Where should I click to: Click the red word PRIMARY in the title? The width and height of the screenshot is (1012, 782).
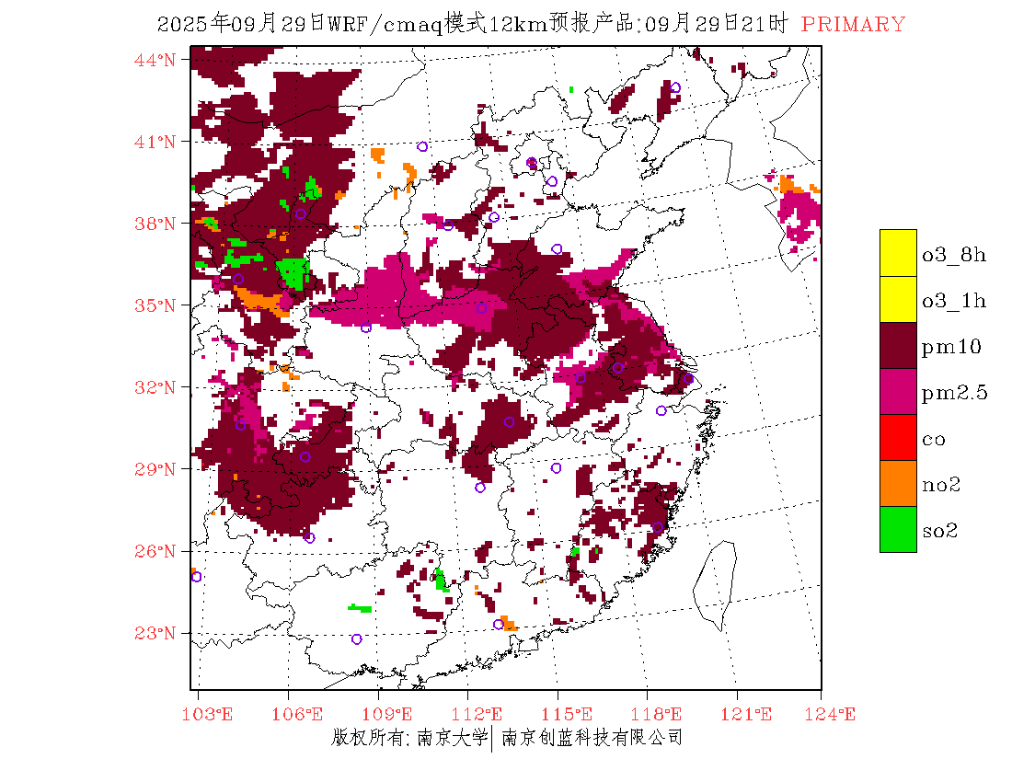853,25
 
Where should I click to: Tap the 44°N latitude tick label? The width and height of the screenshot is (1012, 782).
156,60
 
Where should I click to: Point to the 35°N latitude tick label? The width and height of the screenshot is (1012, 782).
156,305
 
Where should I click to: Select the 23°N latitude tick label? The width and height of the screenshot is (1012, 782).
156,633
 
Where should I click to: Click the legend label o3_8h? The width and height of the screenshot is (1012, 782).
953,255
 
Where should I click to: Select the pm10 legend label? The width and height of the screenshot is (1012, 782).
950,347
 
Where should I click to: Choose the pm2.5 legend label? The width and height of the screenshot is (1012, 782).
954,393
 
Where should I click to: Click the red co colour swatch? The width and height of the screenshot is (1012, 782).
898,437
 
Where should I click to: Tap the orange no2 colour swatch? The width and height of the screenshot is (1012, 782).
898,483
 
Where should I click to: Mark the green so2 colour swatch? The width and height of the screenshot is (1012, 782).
898,529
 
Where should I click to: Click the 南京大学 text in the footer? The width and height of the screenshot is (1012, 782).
452,738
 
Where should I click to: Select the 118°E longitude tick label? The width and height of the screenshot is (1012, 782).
661,714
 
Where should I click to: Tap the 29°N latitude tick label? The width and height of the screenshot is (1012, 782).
156,469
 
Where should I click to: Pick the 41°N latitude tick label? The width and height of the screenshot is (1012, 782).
156,142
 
